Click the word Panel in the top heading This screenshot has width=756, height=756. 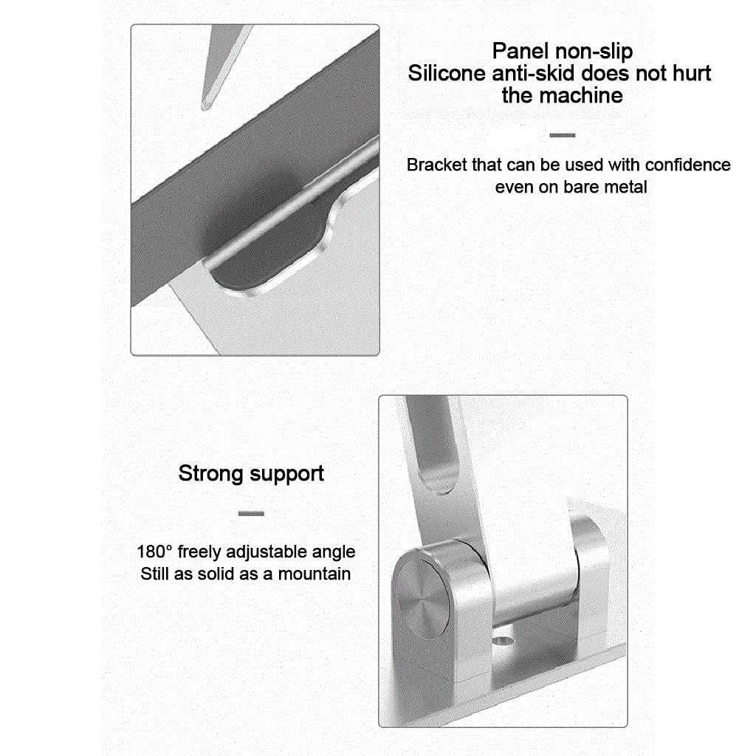520,51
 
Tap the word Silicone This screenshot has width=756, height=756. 447,73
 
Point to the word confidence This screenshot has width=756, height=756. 687,165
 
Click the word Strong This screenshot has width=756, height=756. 210,474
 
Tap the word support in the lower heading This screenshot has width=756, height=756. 287,475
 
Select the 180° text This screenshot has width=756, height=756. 154,551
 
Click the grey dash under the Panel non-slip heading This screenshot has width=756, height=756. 562,136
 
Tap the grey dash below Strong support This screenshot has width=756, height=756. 251,514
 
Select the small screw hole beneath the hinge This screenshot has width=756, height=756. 504,641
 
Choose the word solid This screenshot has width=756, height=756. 233,574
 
